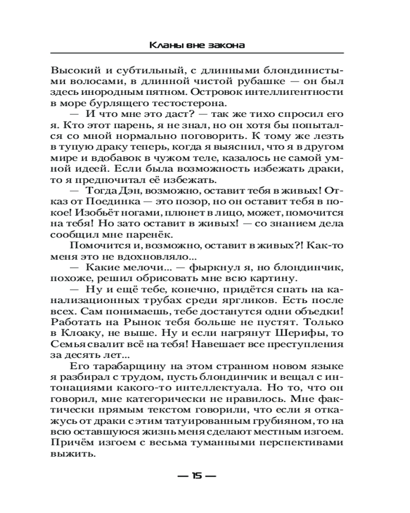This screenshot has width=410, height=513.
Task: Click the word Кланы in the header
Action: [x=165, y=46]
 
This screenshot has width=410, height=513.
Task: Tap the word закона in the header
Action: [x=226, y=46]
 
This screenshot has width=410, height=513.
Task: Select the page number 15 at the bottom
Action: [x=197, y=476]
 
